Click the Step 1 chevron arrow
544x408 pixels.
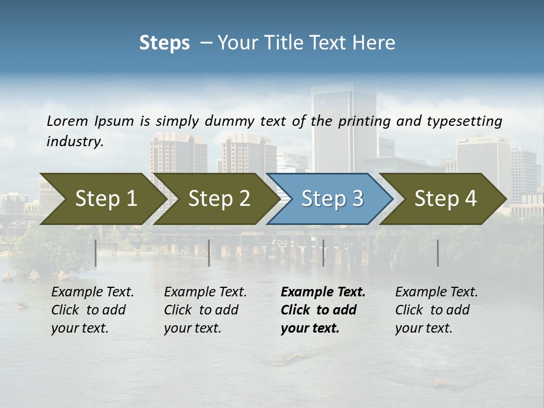(x=102, y=199)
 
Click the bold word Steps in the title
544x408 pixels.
(x=164, y=42)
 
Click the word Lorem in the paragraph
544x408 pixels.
(x=67, y=121)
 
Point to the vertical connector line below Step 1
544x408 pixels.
(x=96, y=253)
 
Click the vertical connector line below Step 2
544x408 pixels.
(x=209, y=253)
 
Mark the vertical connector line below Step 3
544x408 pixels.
(x=324, y=253)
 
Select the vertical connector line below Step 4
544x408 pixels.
(x=438, y=253)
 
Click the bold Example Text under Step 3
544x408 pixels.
(x=323, y=292)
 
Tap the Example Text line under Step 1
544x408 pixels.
(x=92, y=292)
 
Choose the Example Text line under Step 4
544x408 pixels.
(x=436, y=292)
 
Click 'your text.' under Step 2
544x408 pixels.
(x=192, y=328)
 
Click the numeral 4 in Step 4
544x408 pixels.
(x=470, y=199)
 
